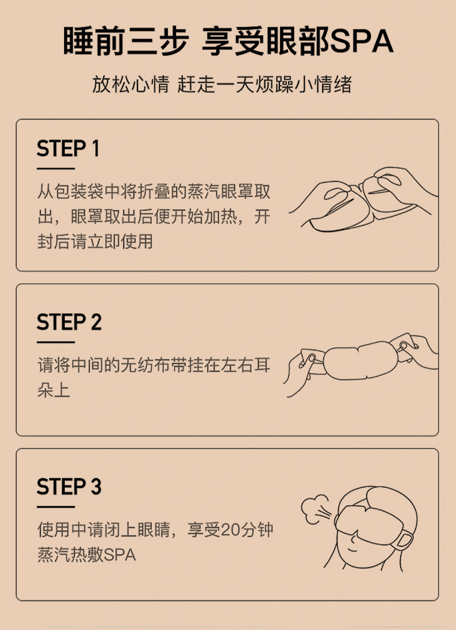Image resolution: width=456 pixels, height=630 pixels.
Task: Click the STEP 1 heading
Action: point(68,149)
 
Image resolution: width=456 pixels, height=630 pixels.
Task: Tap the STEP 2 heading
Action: point(69,322)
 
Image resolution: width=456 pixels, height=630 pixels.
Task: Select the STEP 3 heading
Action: point(69,487)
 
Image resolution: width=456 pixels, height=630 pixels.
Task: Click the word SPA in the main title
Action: point(362,42)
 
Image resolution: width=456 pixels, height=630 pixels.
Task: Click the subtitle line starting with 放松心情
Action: point(222,84)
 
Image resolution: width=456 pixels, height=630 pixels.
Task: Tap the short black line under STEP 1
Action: point(55,169)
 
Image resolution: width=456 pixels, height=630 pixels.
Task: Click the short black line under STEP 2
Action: point(55,342)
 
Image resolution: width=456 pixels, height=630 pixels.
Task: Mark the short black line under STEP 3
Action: point(55,507)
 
